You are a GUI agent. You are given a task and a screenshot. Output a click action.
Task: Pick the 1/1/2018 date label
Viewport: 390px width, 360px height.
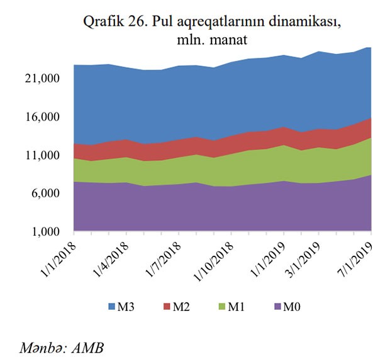(x=58, y=254)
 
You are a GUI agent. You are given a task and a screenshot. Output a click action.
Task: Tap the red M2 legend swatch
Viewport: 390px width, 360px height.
(x=168, y=307)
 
